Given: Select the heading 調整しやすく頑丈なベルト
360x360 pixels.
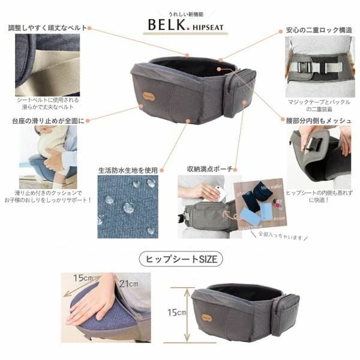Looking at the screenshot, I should [x=47, y=28].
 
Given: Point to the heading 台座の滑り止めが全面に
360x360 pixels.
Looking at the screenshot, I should [x=47, y=120].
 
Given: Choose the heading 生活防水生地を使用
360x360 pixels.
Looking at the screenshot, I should [x=128, y=170].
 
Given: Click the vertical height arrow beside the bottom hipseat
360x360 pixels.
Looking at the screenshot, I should [x=188, y=312].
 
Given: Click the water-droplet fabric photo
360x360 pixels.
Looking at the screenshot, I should [x=128, y=207].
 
